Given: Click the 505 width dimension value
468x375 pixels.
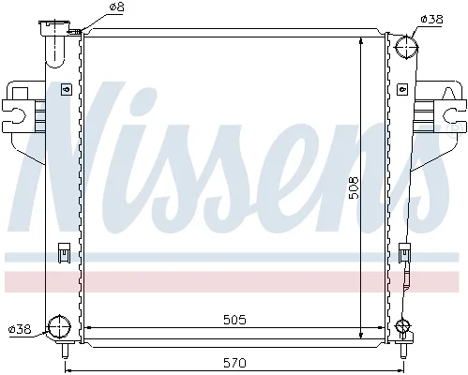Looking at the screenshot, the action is point(234,320).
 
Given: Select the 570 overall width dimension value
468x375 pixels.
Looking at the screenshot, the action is point(234,363).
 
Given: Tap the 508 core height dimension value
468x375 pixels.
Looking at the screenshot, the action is point(355,187).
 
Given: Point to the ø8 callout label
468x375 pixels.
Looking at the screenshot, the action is point(116,7).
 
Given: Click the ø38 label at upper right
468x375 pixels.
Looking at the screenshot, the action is point(431,20).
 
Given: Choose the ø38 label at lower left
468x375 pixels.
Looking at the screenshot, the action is point(20,329).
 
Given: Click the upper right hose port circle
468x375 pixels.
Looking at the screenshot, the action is point(406,48).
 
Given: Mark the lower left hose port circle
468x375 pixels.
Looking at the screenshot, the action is point(58,327).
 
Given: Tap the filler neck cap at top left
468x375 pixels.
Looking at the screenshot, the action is point(54,27).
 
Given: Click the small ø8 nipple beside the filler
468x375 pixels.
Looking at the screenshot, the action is point(74,31).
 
